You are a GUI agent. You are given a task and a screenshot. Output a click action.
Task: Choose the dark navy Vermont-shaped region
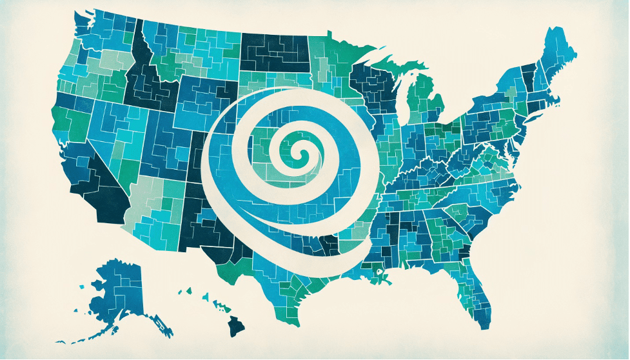point(527,77)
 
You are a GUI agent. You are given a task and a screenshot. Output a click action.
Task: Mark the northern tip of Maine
point(553,30)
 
